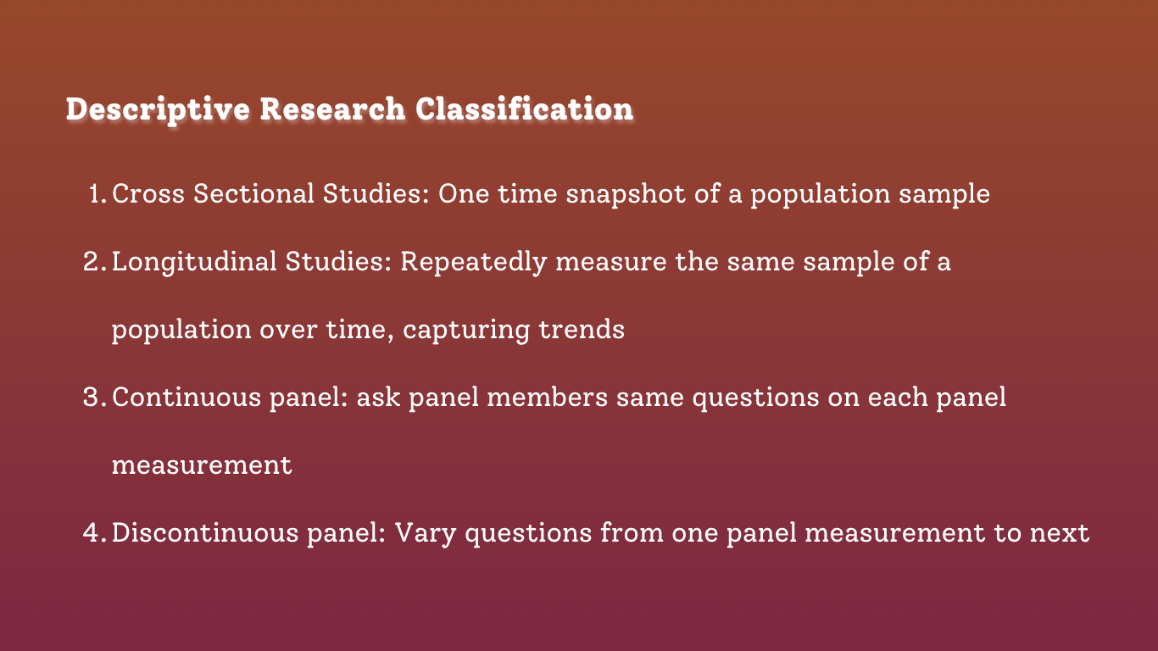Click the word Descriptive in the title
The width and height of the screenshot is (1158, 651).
click(x=158, y=109)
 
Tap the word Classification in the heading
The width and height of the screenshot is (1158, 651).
click(x=524, y=108)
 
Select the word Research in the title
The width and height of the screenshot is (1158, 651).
click(x=332, y=108)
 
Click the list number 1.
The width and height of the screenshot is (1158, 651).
click(x=97, y=194)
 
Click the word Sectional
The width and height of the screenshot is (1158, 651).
click(x=253, y=193)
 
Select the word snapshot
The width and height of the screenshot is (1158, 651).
click(x=626, y=194)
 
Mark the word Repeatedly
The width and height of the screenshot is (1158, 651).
click(x=474, y=262)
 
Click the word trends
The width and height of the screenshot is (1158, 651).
click(x=582, y=330)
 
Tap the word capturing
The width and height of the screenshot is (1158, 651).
click(x=466, y=331)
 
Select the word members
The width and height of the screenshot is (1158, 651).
click(x=547, y=397)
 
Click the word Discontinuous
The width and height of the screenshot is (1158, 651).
click(x=205, y=532)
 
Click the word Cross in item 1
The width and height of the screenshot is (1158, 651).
click(x=148, y=193)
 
